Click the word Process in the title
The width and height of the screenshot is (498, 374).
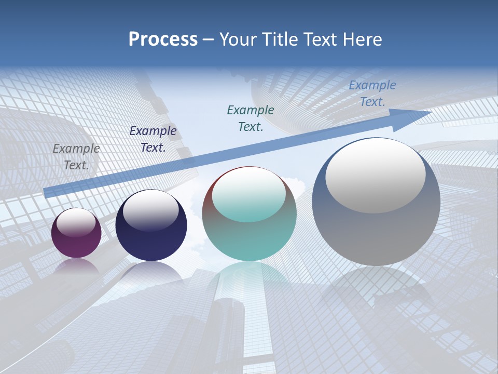tap(163, 39)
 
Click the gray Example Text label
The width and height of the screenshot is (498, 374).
tap(76, 156)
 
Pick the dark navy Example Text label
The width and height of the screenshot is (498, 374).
tap(153, 139)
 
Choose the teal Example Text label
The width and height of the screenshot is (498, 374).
tap(251, 118)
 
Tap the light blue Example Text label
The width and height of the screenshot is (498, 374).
tap(372, 94)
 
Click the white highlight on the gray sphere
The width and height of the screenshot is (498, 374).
tap(376, 176)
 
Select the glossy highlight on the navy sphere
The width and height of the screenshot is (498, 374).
tap(151, 207)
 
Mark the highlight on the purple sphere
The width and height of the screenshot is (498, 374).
tap(76, 222)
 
